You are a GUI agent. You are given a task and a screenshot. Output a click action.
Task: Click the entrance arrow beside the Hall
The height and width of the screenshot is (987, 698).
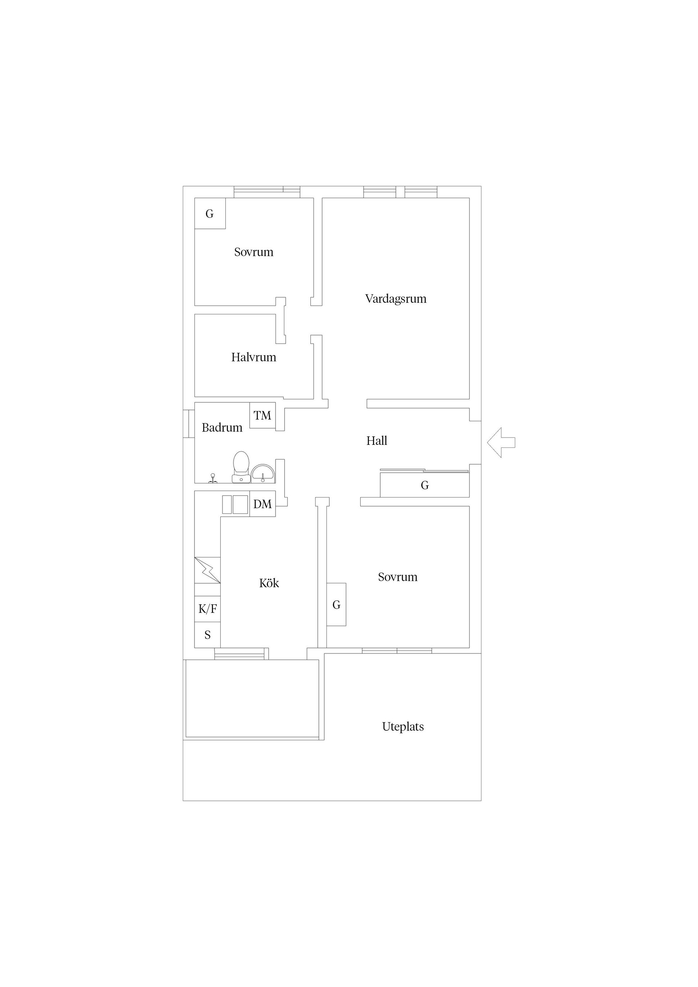click(x=501, y=442)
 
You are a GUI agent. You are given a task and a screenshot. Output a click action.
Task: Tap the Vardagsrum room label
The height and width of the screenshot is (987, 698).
click(x=396, y=299)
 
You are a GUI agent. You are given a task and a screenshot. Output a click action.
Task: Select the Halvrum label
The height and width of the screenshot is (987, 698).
click(x=254, y=357)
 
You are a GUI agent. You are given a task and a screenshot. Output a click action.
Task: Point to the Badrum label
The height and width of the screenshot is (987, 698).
click(x=222, y=427)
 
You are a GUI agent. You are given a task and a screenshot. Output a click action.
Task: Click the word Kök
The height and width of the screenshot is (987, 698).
click(x=269, y=583)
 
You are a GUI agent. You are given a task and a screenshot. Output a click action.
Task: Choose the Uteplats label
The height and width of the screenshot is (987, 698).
click(x=403, y=726)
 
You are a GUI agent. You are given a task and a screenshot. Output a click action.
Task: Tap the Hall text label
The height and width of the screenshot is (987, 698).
click(x=377, y=440)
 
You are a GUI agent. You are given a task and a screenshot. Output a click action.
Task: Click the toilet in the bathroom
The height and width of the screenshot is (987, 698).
click(x=241, y=467)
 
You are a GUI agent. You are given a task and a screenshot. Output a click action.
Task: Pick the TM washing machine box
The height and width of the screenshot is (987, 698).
click(x=262, y=415)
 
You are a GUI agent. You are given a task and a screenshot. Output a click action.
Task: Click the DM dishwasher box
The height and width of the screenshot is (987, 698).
click(x=262, y=504)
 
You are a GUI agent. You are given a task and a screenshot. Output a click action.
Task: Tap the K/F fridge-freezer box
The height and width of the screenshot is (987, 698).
click(x=207, y=609)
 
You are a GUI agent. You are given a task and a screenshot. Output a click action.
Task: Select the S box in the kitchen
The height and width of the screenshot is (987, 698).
click(x=207, y=635)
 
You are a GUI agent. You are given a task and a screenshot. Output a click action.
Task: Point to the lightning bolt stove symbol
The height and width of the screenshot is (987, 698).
click(x=207, y=571)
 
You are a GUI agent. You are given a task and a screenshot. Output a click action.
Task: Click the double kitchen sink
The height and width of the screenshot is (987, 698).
click(x=235, y=505)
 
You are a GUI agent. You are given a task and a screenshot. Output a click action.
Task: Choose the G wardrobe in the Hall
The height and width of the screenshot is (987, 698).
click(x=425, y=485)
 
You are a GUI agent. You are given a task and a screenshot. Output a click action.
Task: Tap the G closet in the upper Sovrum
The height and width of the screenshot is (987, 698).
click(x=210, y=214)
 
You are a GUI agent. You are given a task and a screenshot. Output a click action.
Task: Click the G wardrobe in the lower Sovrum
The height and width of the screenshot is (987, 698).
click(x=336, y=604)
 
